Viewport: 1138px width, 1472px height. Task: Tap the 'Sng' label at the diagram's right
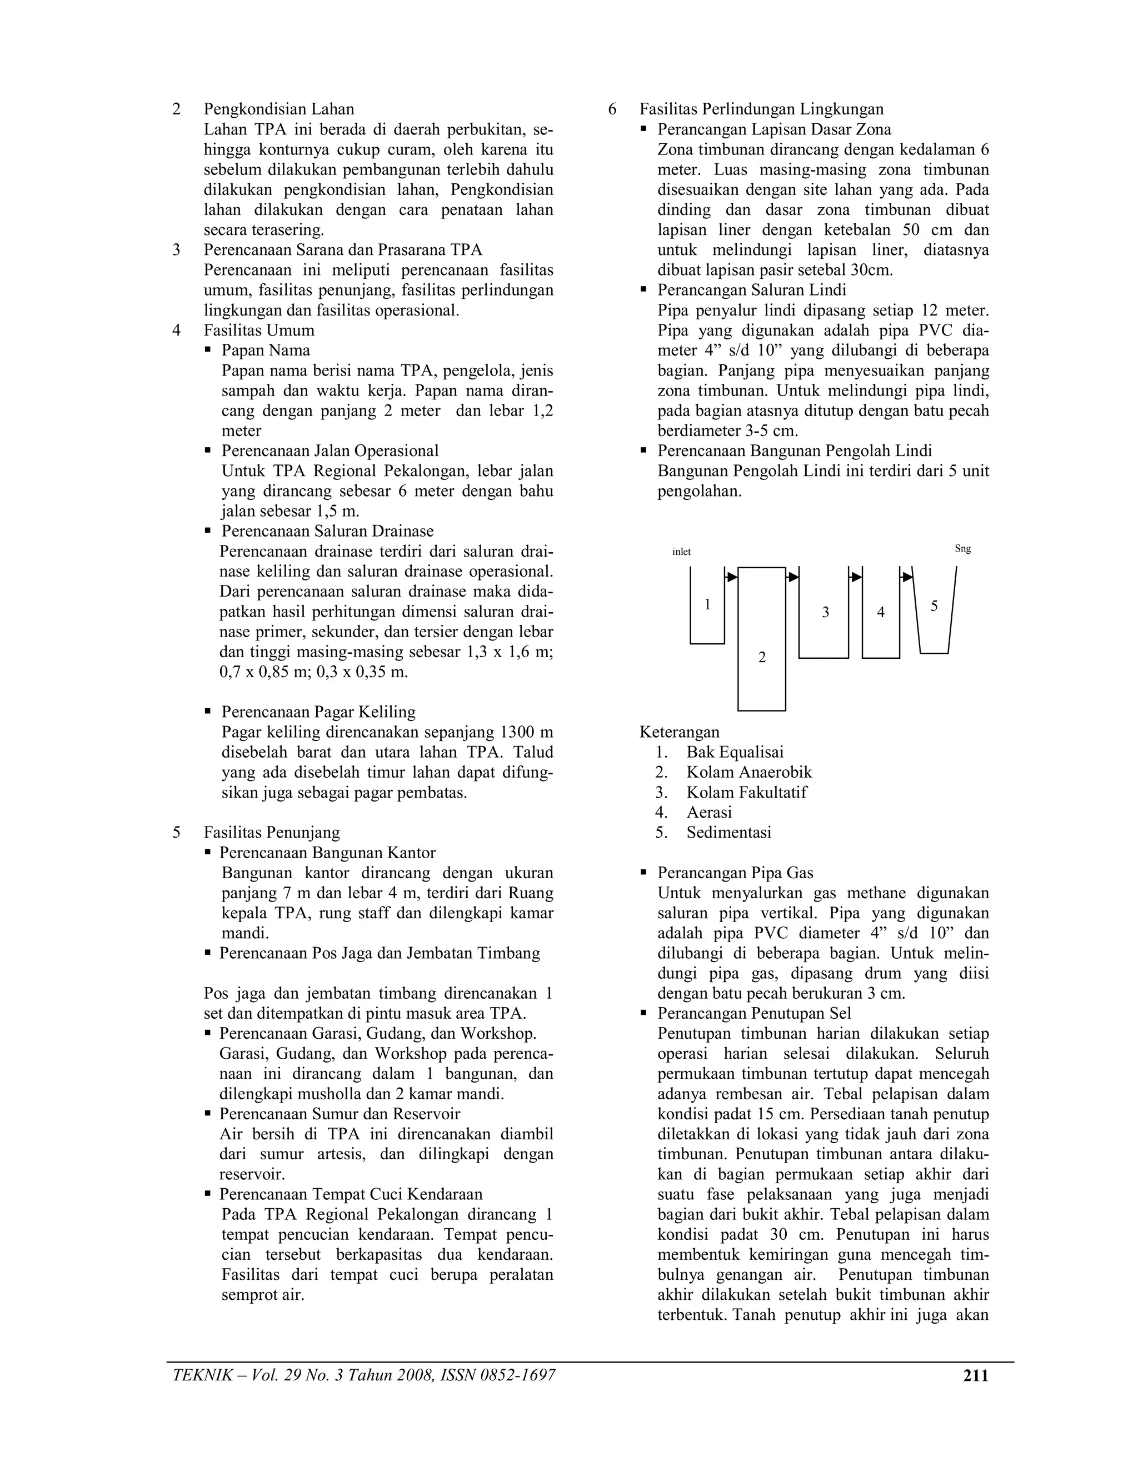[x=963, y=549]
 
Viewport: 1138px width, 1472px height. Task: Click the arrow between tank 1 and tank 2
[x=731, y=577]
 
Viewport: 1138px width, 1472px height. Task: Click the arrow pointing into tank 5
[x=907, y=577]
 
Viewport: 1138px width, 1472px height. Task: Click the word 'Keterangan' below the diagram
[x=679, y=732]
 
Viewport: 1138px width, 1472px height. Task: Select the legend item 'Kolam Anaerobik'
[x=748, y=773]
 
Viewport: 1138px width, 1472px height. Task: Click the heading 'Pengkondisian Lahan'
[x=278, y=109]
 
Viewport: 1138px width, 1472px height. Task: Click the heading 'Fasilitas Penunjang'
[x=272, y=833]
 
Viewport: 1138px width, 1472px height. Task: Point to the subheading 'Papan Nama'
[x=266, y=351]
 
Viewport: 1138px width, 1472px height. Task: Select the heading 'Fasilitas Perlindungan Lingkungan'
[x=761, y=109]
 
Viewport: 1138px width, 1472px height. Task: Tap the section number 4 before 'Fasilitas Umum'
[x=176, y=331]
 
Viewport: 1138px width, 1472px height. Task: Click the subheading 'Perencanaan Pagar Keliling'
[x=318, y=713]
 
